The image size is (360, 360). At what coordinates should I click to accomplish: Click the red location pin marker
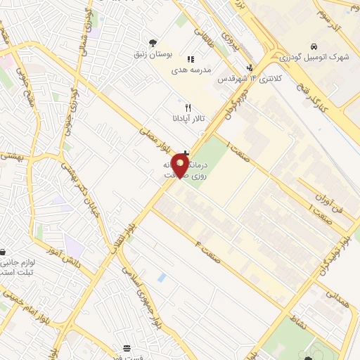(x=181, y=167)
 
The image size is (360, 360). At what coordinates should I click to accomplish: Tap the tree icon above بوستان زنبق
(x=153, y=42)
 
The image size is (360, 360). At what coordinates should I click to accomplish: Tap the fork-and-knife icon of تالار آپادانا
(x=187, y=108)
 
